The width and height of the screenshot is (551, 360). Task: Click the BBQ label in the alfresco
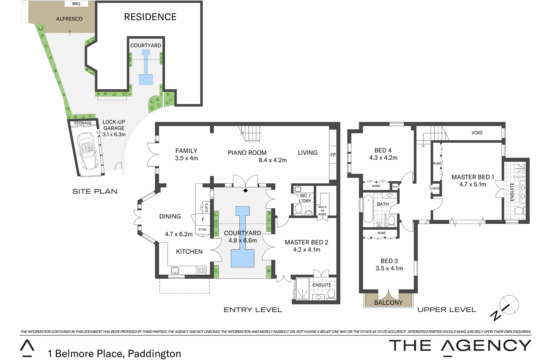[x=76, y=4]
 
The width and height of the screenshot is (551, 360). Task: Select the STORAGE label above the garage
[x=83, y=123]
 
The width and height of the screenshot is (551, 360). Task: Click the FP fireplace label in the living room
[x=333, y=155]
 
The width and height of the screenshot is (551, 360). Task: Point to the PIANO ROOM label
[x=247, y=153]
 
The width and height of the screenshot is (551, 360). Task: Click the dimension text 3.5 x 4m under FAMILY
[x=187, y=158]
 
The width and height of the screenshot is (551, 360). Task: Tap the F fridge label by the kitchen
[x=203, y=220]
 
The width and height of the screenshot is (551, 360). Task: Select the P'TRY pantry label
[x=203, y=230]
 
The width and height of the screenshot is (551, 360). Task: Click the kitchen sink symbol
[x=175, y=270]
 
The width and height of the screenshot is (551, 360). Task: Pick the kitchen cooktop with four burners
[x=201, y=270]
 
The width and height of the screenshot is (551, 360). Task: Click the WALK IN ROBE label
[x=322, y=211]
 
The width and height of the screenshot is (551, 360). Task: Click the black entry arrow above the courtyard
[x=246, y=190]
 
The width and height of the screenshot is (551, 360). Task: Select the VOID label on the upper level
[x=477, y=132]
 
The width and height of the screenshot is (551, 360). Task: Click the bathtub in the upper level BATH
[x=368, y=209]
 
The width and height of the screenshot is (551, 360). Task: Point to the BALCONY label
[x=388, y=303]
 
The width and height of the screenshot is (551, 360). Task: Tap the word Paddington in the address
[x=154, y=354]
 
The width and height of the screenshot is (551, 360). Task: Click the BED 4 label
[x=383, y=150]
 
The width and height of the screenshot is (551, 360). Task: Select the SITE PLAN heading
[x=95, y=191]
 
